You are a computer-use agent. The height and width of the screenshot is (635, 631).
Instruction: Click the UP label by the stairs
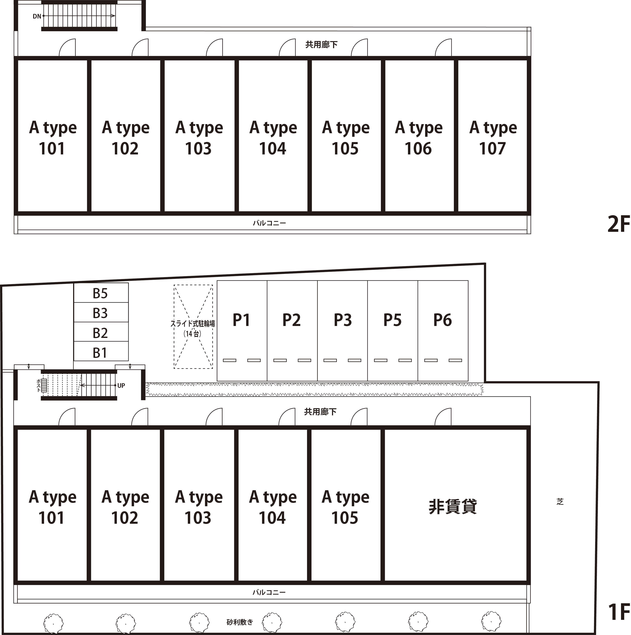(121, 386)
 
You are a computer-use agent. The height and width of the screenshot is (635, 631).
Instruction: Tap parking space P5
(393, 331)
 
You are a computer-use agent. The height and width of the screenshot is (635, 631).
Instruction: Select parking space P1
(242, 331)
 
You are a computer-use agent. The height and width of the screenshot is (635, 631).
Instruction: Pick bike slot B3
(101, 312)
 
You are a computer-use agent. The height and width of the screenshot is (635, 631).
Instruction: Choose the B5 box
(101, 292)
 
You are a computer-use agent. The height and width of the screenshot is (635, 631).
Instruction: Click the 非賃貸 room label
(453, 506)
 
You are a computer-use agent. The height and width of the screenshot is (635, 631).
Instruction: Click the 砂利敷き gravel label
(240, 622)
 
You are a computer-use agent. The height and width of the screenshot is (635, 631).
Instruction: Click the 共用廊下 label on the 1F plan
(320, 412)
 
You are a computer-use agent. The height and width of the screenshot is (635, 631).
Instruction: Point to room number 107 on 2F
(492, 149)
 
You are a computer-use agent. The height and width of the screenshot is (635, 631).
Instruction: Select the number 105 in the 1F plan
(345, 518)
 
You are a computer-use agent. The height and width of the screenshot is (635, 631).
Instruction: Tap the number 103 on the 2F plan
(198, 149)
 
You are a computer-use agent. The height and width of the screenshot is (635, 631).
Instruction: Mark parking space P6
(443, 331)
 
